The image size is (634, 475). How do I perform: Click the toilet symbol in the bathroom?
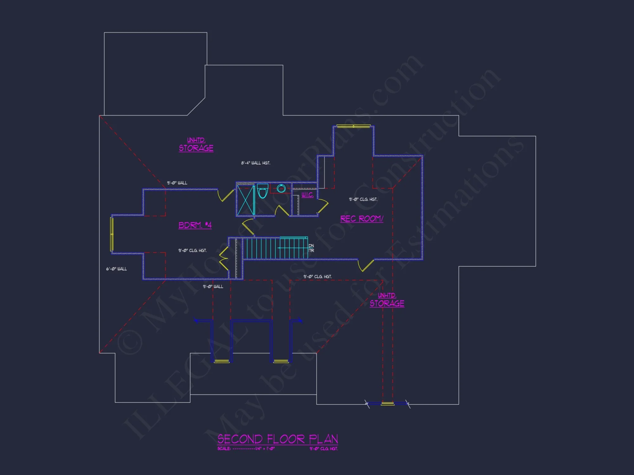(262, 191)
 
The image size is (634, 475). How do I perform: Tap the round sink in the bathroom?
(281, 188)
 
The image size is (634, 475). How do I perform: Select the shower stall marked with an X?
(246, 201)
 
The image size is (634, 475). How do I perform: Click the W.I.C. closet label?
(307, 195)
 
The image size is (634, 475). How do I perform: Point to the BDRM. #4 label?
(195, 225)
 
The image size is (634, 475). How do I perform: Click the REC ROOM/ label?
(362, 219)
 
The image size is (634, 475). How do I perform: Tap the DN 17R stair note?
(311, 248)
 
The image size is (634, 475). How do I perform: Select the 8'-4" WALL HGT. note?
(256, 163)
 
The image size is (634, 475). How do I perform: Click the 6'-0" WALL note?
(116, 269)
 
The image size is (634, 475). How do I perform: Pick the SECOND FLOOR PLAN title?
(277, 439)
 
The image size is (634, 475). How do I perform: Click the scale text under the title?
(246, 449)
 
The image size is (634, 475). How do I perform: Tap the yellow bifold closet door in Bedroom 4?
(224, 258)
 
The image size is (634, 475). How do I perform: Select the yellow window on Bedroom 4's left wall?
(112, 234)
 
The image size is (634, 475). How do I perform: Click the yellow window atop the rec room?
(353, 126)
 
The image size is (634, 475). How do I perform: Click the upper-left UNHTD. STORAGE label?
(196, 145)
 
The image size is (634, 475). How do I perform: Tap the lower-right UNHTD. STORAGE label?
(387, 300)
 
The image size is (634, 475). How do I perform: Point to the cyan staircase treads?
(275, 248)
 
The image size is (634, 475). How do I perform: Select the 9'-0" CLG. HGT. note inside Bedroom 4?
(192, 250)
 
